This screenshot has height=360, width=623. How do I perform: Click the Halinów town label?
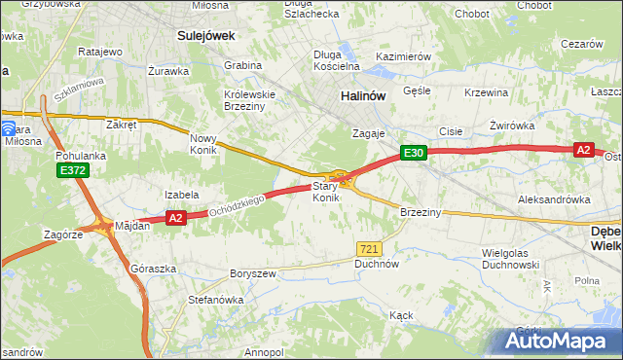(364, 96)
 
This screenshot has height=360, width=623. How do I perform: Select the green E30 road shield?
(414, 153)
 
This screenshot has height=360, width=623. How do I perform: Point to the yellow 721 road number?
(368, 249)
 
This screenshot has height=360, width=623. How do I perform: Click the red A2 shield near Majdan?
(175, 219)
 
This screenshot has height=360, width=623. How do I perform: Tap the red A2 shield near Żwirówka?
(583, 150)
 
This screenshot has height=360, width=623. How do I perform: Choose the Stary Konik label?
(325, 192)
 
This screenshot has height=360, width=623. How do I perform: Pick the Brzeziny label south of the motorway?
(421, 211)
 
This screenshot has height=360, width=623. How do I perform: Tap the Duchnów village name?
(378, 264)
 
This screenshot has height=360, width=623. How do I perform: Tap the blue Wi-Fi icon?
(8, 127)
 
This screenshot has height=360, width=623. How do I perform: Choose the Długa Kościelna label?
(337, 60)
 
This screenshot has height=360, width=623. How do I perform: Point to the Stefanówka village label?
(215, 300)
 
